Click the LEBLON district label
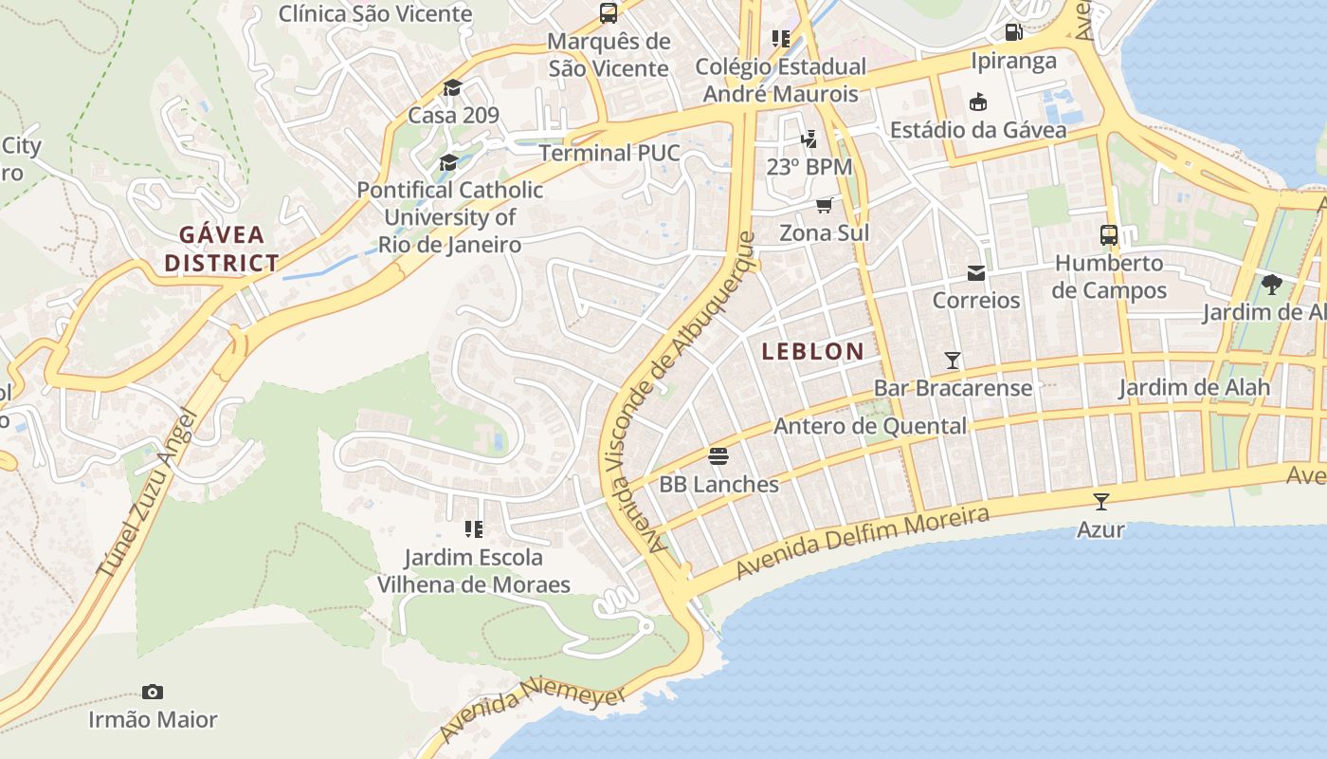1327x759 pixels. tap(813, 351)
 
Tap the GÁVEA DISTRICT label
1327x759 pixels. tap(222, 249)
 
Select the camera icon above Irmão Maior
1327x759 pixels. tap(152, 692)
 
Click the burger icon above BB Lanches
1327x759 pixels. tap(718, 456)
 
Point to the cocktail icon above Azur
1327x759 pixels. tap(1100, 501)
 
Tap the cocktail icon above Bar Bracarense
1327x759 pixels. tap(953, 360)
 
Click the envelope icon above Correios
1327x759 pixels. tap(975, 273)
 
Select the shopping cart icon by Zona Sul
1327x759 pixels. tap(825, 205)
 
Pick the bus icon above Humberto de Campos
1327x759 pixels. tap(1108, 234)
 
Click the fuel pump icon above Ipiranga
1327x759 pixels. tap(1013, 32)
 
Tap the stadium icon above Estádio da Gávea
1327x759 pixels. tap(978, 102)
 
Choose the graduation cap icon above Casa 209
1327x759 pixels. tap(452, 88)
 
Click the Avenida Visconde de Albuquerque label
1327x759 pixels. tap(681, 389)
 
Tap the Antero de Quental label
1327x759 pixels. tap(870, 426)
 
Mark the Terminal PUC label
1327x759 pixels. tap(609, 153)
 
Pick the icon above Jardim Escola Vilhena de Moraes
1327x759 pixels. tap(474, 528)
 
